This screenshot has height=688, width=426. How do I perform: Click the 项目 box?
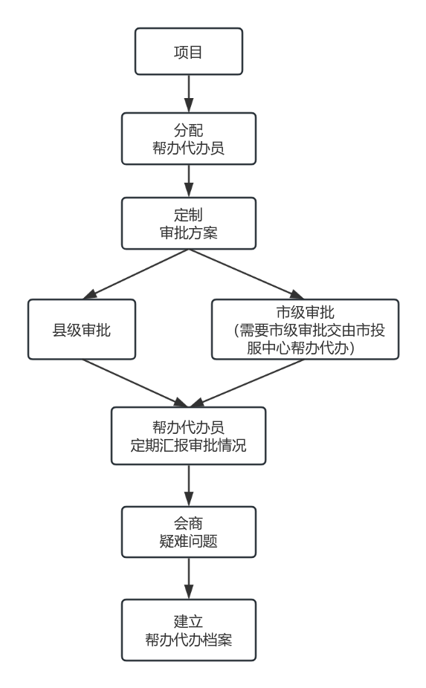pos(189,51)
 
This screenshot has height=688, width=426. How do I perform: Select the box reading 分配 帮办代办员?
pos(189,139)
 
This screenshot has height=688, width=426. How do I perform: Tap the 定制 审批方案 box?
pos(189,224)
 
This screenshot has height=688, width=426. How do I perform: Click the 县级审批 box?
pos(82,330)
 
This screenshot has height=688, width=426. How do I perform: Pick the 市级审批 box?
pos(306,330)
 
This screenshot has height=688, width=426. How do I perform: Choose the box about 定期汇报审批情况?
pos(188,435)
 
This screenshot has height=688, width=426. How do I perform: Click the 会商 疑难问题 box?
pos(189,532)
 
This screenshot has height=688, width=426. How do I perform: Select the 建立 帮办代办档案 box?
pos(189,630)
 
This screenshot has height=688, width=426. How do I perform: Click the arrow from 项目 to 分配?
pos(189,94)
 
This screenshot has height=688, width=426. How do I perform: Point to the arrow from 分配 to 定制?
pos(189,181)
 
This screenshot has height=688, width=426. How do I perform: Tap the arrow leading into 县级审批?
pos(136,274)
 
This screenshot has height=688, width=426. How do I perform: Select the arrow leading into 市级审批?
pos(246,274)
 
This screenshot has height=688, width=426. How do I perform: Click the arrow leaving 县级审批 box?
pos(135,383)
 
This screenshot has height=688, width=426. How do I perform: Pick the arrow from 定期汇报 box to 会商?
pos(189,485)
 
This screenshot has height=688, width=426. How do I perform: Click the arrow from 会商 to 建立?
pos(189,578)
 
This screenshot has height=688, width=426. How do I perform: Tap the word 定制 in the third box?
pos(188,215)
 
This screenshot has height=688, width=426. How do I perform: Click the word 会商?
pos(188,523)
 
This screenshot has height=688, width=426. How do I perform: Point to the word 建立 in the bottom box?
pos(188,621)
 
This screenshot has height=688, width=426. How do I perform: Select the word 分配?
pos(188,130)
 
